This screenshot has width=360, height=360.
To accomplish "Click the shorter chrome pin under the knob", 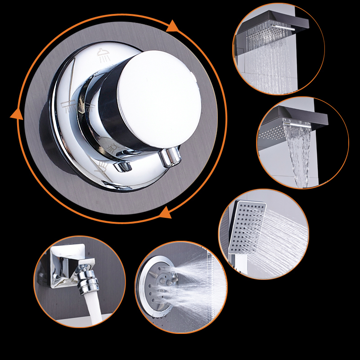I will point(122,167).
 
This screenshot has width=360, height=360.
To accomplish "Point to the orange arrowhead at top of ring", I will point(173,27).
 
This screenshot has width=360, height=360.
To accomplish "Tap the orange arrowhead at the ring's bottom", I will point(165,211).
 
